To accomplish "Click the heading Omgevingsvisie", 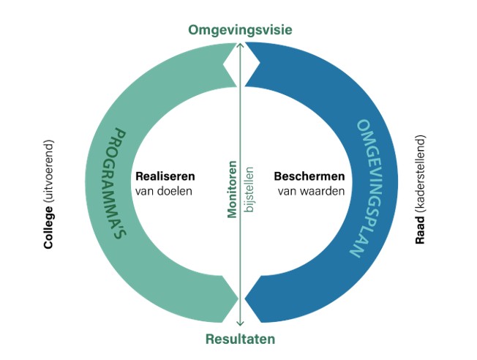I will [240, 30].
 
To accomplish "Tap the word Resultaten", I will [240, 339].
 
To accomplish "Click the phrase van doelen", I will [163, 192].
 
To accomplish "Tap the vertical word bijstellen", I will [249, 189].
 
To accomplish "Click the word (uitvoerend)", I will [49, 170].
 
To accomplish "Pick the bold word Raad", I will [420, 230].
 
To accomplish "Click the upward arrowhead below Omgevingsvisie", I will [240, 45].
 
